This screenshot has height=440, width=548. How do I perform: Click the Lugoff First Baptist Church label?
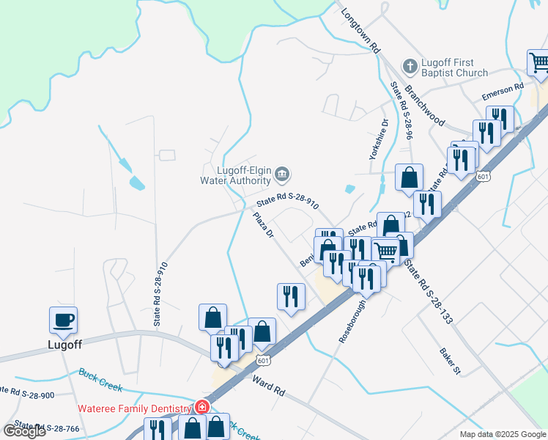click(x=455, y=67)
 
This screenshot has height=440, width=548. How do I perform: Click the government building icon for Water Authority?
click(x=283, y=175)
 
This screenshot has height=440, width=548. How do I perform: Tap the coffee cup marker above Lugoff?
click(x=63, y=320)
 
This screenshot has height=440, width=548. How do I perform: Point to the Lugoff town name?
click(x=64, y=343)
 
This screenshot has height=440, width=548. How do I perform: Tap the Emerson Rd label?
click(x=503, y=92)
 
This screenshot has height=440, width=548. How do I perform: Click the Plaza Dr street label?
click(x=262, y=225)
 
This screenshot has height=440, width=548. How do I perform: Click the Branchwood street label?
click(x=424, y=106)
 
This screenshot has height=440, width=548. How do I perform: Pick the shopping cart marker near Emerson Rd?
click(x=539, y=62)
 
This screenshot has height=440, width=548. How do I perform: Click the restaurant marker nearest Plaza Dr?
click(x=291, y=296)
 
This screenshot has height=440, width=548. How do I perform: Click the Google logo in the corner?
click(x=24, y=431)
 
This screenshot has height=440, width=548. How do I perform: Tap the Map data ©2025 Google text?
click(x=503, y=434)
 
